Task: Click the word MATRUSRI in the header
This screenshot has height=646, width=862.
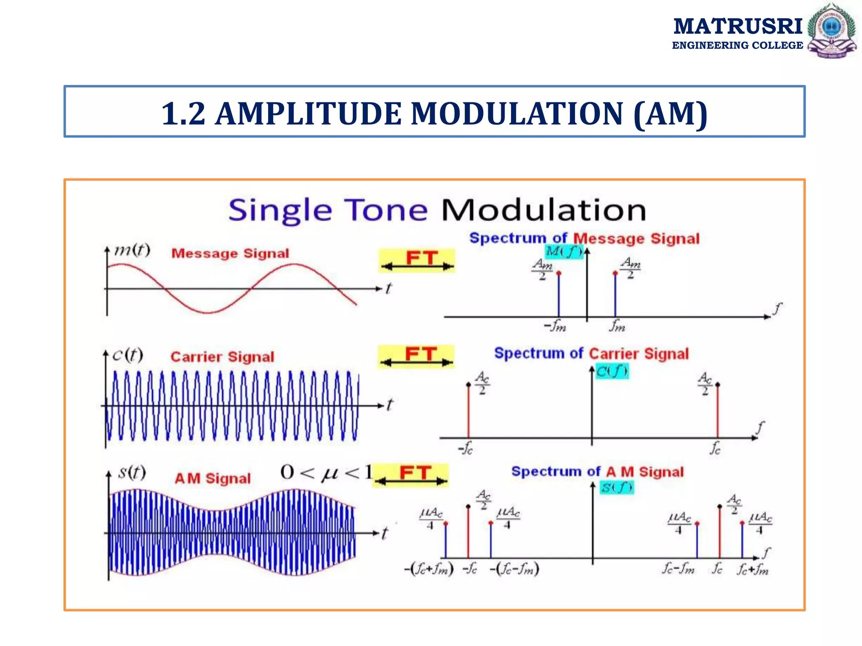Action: click(738, 26)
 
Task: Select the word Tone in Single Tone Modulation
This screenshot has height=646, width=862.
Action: click(386, 210)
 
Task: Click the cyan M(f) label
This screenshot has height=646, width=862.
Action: click(564, 252)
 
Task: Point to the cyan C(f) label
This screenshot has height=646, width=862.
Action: click(612, 371)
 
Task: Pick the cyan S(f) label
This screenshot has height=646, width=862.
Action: click(616, 487)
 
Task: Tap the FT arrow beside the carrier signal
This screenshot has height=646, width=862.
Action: click(416, 357)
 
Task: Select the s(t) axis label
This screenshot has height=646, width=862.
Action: click(132, 472)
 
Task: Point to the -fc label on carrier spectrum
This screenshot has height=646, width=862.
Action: click(466, 449)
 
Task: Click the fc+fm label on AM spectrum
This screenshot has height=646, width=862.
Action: click(753, 569)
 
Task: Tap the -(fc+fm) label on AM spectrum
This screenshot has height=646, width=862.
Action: click(428, 569)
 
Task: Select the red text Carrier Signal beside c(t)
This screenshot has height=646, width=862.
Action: click(222, 357)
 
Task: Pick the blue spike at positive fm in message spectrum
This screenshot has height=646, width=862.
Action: click(615, 295)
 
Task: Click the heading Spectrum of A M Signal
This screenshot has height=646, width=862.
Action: click(597, 472)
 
